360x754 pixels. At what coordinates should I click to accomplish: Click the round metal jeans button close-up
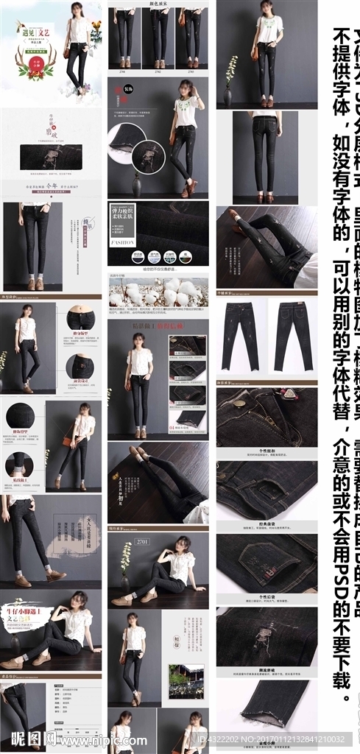(x=240, y=403)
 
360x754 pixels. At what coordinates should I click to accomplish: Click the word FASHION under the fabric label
(x=121, y=242)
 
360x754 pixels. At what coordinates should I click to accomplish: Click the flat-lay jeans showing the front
(x=241, y=335)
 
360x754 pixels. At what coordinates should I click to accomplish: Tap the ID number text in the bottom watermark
(x=280, y=739)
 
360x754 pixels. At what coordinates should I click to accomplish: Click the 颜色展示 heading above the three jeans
(x=158, y=4)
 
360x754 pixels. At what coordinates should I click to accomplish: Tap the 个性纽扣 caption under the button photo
(x=267, y=451)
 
